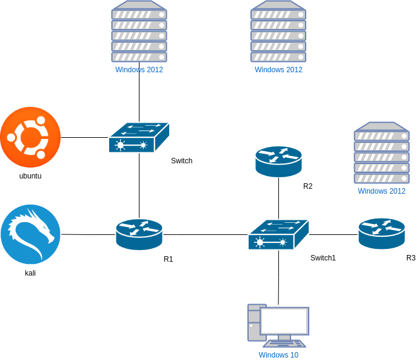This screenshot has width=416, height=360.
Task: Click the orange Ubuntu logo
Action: pyautogui.click(x=30, y=137)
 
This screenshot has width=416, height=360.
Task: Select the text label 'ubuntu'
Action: pyautogui.click(x=30, y=177)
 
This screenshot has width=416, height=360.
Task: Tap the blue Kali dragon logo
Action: pyautogui.click(x=30, y=234)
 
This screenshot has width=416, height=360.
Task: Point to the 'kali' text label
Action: pyautogui.click(x=30, y=274)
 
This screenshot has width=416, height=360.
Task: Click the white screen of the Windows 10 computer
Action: pyautogui.click(x=284, y=321)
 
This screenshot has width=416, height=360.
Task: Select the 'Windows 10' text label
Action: pyautogui.click(x=278, y=355)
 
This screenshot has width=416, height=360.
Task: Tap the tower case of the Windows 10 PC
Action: pyautogui.click(x=253, y=322)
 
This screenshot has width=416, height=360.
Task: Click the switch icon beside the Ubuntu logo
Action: pyautogui.click(x=139, y=138)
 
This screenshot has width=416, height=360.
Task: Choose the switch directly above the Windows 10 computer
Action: pyautogui.click(x=278, y=235)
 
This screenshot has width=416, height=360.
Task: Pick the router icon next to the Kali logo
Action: pyautogui.click(x=139, y=234)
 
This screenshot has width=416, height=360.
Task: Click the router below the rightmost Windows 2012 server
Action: pyautogui.click(x=381, y=234)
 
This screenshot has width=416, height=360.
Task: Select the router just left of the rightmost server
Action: pyautogui.click(x=278, y=161)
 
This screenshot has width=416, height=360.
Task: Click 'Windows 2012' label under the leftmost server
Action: pyautogui.click(x=139, y=70)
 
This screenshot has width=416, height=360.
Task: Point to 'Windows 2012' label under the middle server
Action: pyautogui.click(x=278, y=70)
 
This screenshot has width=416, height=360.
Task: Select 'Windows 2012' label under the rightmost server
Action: pyautogui.click(x=381, y=191)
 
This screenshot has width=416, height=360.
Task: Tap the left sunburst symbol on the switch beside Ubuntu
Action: pyautogui.click(x=121, y=146)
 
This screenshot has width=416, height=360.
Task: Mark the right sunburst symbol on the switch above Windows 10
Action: pyautogui.click(x=283, y=243)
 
